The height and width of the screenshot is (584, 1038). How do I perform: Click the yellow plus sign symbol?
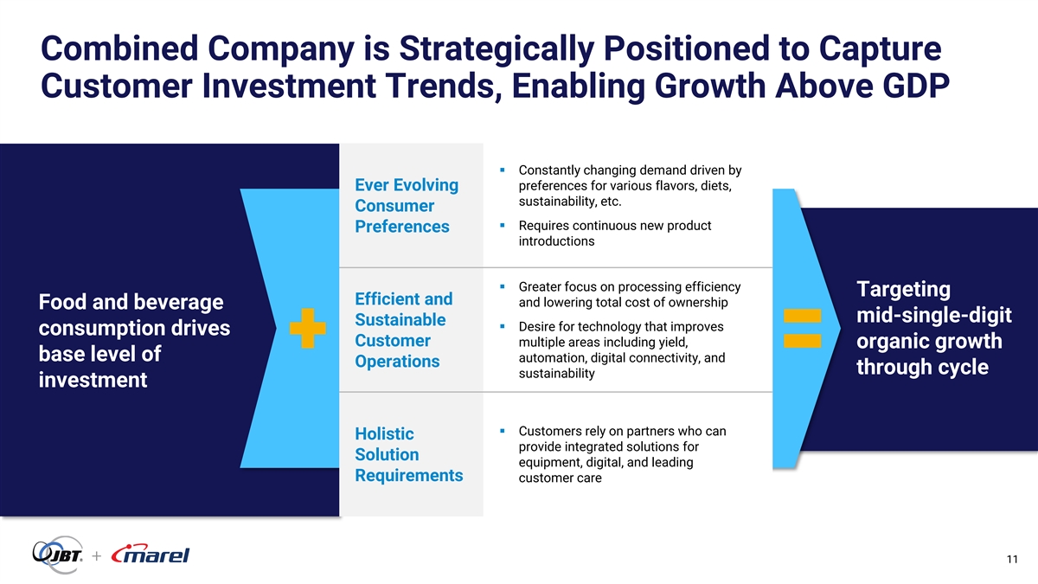click(x=308, y=328)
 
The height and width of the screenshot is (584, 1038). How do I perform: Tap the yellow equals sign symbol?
click(x=802, y=328)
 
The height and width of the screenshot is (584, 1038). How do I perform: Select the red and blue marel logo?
click(x=151, y=554)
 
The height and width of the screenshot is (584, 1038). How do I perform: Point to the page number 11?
click(x=1012, y=560)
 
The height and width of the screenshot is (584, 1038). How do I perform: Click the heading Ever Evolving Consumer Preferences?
click(x=407, y=206)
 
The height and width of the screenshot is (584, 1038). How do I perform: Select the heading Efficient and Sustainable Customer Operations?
click(x=404, y=330)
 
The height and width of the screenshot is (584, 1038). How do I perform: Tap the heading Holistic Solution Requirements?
click(x=408, y=454)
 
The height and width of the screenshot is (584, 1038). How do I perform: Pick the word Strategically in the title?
click(x=497, y=49)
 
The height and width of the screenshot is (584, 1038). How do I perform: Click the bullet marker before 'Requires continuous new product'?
click(x=503, y=226)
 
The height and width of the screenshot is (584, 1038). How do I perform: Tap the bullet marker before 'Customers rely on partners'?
click(x=503, y=431)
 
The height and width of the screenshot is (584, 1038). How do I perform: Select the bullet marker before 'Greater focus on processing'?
click(x=503, y=287)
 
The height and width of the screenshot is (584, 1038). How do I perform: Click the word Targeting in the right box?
click(x=903, y=290)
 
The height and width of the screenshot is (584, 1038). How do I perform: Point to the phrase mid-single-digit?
click(x=933, y=315)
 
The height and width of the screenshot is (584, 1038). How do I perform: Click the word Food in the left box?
click(x=62, y=302)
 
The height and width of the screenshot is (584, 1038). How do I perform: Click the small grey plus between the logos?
click(x=96, y=555)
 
